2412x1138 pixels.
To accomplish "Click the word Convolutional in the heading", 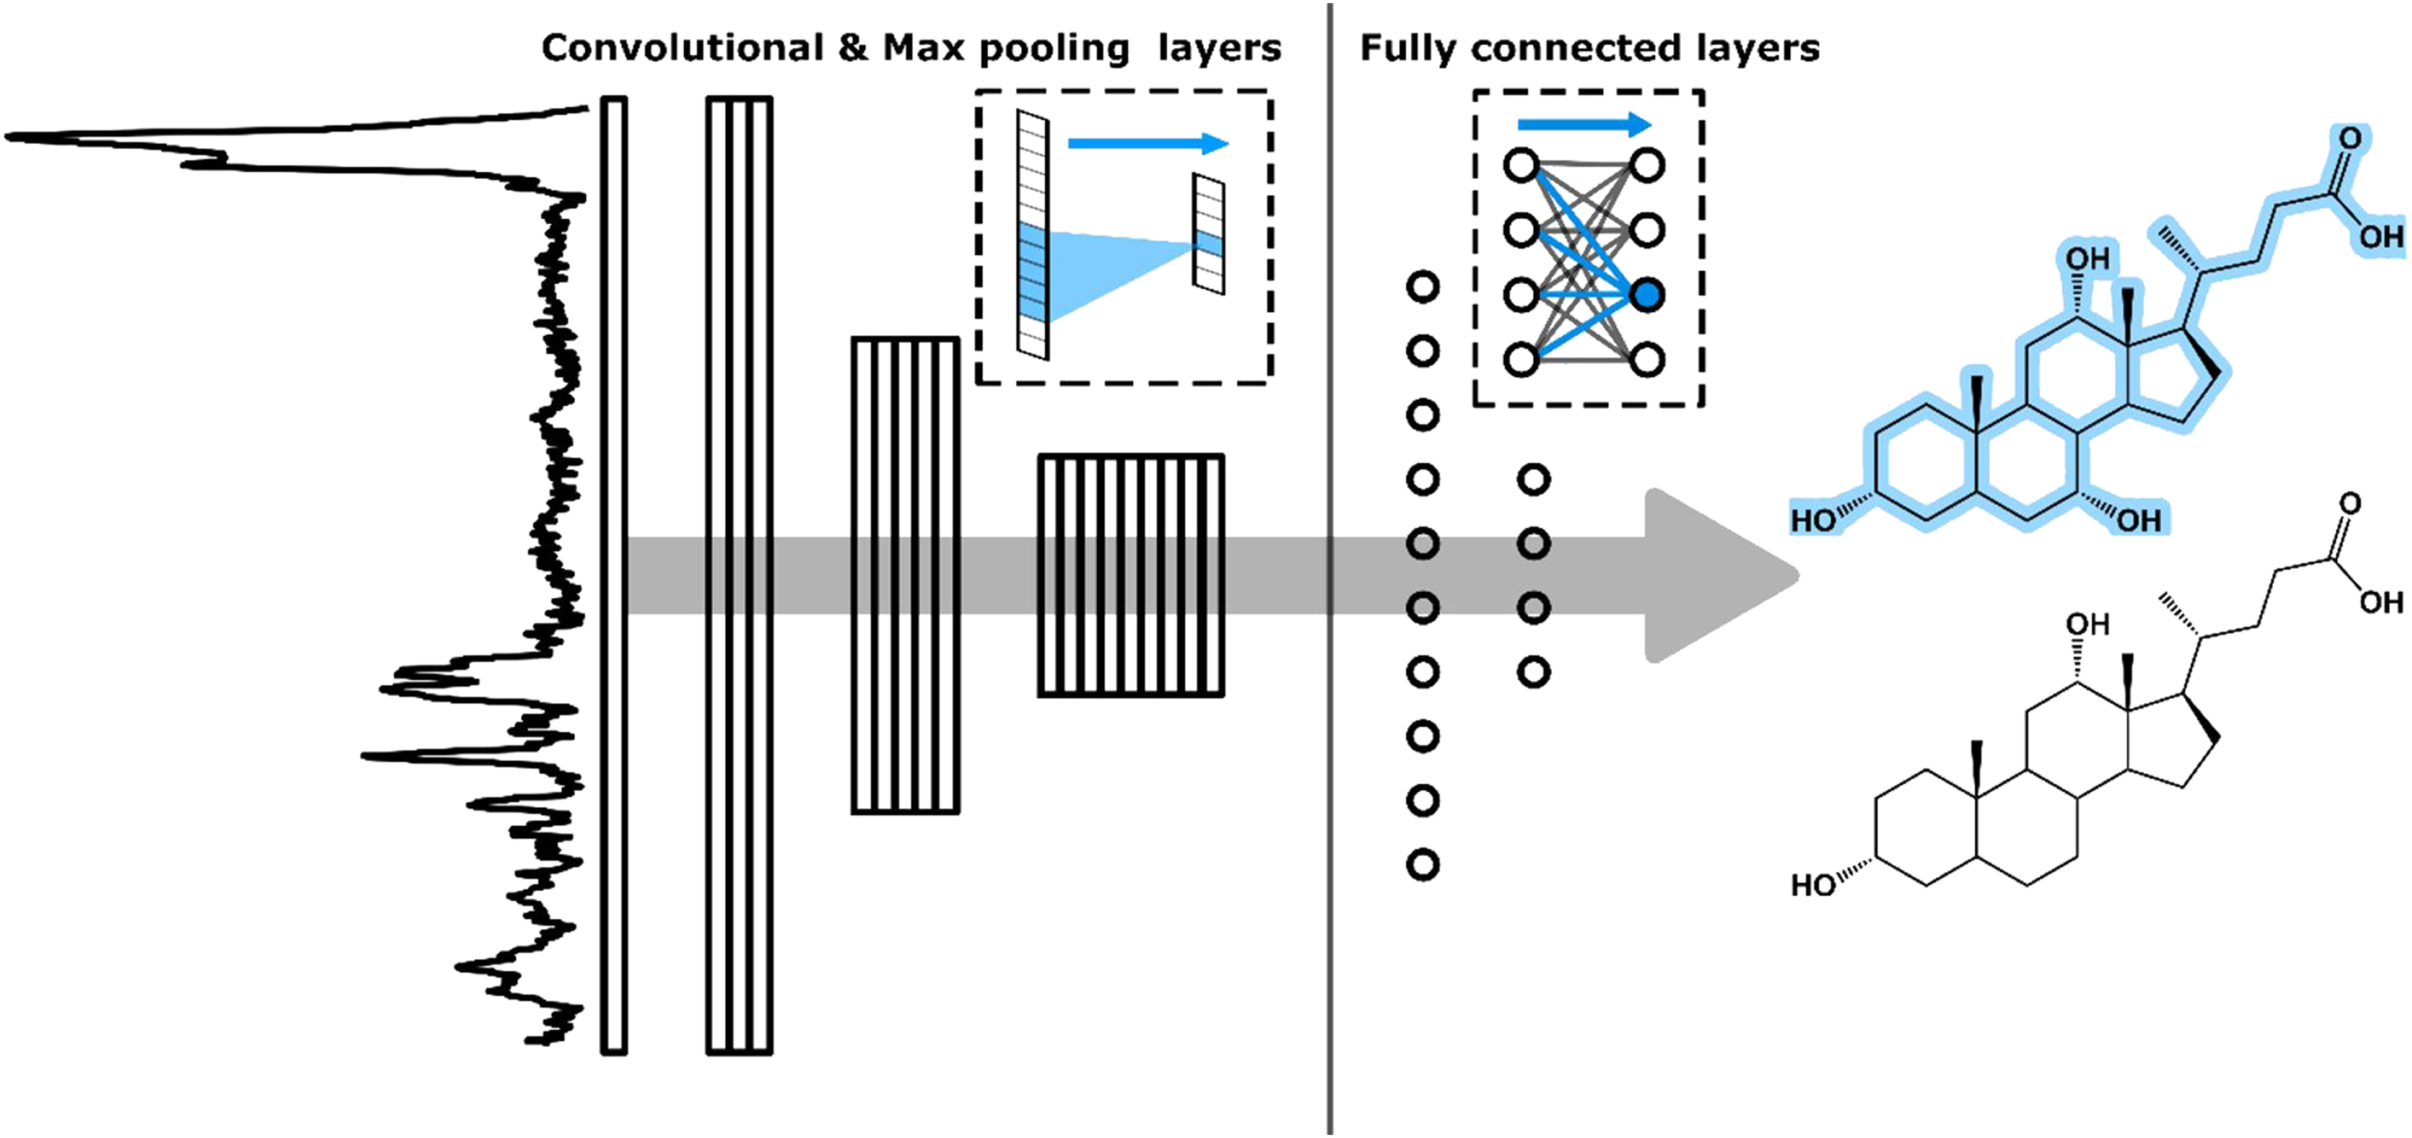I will pyautogui.click(x=682, y=48).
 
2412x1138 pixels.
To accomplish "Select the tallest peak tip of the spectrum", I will pyautogui.click(x=11, y=138).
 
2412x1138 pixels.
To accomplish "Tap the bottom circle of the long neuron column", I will pyautogui.click(x=1422, y=865).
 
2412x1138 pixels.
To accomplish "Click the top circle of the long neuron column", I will pyautogui.click(x=1422, y=287).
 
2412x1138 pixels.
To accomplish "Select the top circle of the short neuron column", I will pyautogui.click(x=1533, y=479).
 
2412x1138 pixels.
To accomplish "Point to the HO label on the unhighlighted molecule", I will pyautogui.click(x=1812, y=885).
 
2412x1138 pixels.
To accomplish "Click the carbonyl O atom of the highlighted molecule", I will pyautogui.click(x=2349, y=139).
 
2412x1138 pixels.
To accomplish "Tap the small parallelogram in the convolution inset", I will pyautogui.click(x=1208, y=234).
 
